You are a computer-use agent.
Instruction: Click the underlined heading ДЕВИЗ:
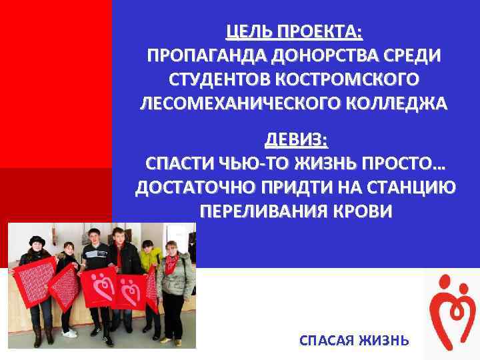tap(296, 140)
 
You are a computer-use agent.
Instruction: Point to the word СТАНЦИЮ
tap(414, 189)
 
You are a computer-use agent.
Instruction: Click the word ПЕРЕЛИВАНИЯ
tap(262, 213)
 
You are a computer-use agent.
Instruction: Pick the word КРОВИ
tap(364, 213)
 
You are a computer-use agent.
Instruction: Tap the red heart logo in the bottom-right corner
tap(451, 311)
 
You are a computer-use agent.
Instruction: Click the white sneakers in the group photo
tap(69, 332)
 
